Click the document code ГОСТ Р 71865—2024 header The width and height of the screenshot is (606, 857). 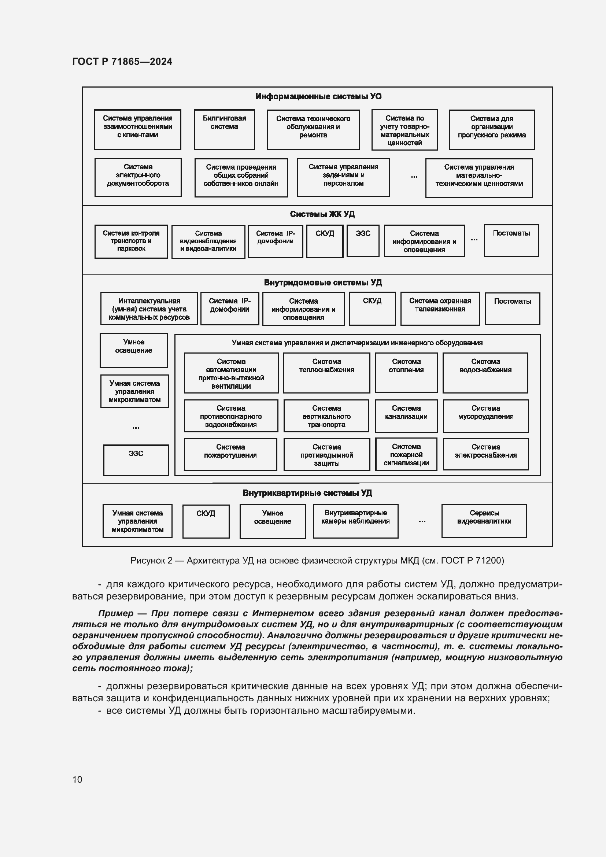click(x=122, y=62)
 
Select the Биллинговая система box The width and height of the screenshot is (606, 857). click(x=224, y=129)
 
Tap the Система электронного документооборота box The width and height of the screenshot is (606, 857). click(x=138, y=177)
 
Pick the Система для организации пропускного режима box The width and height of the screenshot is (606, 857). click(x=491, y=129)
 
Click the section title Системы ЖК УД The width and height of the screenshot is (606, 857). click(x=322, y=214)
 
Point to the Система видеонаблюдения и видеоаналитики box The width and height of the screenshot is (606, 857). click(x=208, y=241)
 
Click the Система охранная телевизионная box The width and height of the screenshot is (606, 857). click(x=440, y=308)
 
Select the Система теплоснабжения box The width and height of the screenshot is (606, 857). click(x=326, y=373)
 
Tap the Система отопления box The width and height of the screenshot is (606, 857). click(x=406, y=373)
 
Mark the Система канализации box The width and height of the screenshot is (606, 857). click(x=406, y=416)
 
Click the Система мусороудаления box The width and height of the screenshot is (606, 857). click(x=485, y=416)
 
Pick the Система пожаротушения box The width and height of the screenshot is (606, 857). click(x=230, y=454)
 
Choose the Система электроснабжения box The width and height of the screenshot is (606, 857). click(x=485, y=454)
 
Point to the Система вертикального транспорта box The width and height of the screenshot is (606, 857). click(x=326, y=416)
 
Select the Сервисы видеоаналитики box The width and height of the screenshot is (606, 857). click(x=484, y=521)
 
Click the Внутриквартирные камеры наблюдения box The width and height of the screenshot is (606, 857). click(x=355, y=521)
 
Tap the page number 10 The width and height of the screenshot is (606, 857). click(x=77, y=779)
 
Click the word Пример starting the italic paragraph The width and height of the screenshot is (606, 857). click(x=116, y=613)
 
